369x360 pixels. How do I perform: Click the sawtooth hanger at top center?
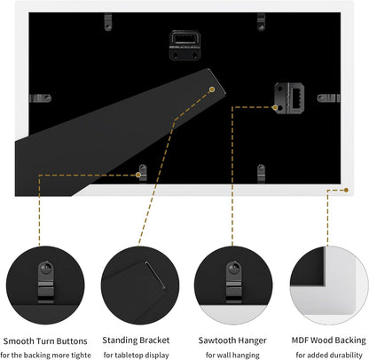tap(184, 45)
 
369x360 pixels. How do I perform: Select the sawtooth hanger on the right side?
tap(289, 98)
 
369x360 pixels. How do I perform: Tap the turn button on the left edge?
tap(40, 98)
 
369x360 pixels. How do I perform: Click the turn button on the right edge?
tap(328, 98)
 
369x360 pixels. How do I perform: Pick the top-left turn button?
tap(108, 22)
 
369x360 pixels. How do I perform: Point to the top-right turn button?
tap(261, 22)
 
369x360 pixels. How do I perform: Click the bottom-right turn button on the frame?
tap(261, 174)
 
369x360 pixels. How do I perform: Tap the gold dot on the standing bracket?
tap(212, 90)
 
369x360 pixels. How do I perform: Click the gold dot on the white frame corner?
tap(346, 190)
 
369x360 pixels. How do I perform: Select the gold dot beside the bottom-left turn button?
tap(138, 175)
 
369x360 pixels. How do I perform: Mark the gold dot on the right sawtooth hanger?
tap(275, 107)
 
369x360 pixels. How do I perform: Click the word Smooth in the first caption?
tap(19, 340)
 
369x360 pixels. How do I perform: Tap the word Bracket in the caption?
tap(154, 340)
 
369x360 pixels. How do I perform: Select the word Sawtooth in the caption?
tap(215, 340)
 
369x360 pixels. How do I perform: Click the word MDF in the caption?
tap(300, 340)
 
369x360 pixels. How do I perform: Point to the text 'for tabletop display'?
tap(137, 355)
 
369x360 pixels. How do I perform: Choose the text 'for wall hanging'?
tap(232, 355)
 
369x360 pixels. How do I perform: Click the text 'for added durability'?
tap(329, 355)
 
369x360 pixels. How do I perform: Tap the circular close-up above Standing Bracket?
tap(140, 286)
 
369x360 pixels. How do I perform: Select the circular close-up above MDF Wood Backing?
tap(329, 286)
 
